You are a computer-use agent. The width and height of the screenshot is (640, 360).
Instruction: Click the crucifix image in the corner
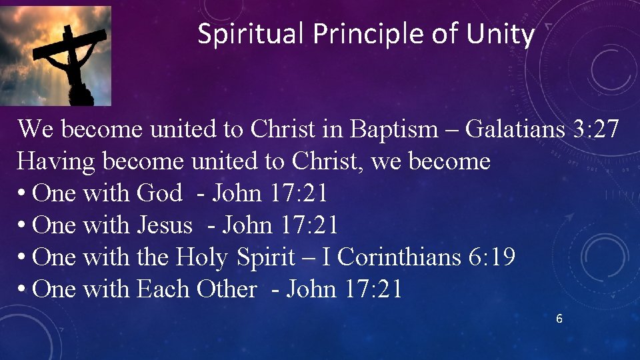click(x=55, y=56)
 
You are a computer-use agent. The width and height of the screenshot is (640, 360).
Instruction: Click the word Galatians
click(x=515, y=129)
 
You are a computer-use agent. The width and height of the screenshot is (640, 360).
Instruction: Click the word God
click(x=159, y=193)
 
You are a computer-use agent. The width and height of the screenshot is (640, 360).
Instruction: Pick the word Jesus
click(x=164, y=225)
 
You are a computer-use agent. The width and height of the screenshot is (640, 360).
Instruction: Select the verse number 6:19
click(x=492, y=257)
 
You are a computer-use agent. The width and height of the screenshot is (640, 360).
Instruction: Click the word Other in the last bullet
click(x=226, y=289)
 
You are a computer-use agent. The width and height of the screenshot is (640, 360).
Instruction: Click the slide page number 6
click(x=559, y=319)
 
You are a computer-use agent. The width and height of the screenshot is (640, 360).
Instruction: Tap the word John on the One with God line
click(x=237, y=193)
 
